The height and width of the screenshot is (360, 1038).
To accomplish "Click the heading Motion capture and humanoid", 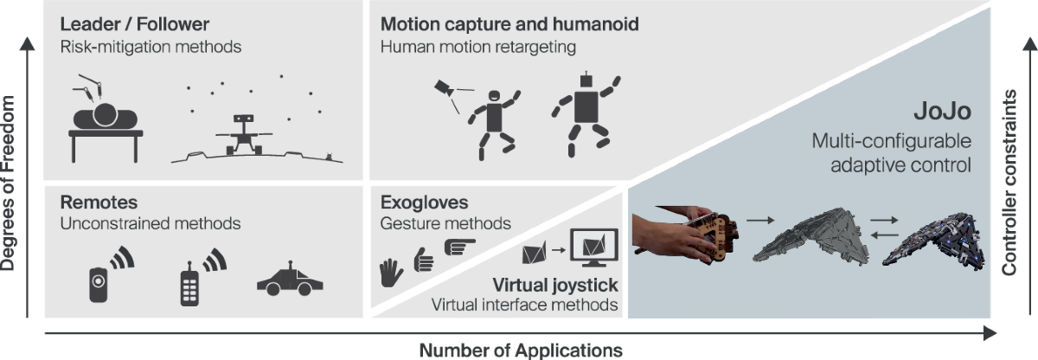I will click(x=509, y=24).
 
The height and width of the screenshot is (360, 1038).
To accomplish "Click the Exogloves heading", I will click(x=423, y=202).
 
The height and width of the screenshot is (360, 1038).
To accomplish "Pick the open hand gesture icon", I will click(x=392, y=273).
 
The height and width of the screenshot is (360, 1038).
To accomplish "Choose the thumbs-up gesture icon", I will click(x=424, y=261).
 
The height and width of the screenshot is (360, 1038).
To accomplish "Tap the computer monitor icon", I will click(x=594, y=251).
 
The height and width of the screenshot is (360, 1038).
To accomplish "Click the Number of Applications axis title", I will click(x=521, y=350).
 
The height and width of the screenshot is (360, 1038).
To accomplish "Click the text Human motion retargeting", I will click(x=478, y=47).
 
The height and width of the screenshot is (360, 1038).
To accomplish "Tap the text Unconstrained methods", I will click(x=150, y=224).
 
